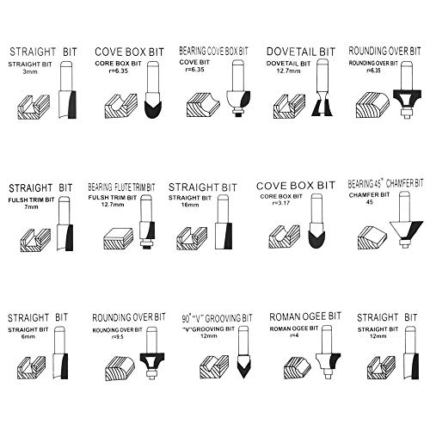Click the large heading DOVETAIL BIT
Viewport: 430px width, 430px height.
point(301,52)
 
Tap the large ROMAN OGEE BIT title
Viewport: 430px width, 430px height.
point(305,316)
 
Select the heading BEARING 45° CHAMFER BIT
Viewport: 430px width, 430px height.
point(385,183)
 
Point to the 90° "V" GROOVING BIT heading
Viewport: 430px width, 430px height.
point(217,318)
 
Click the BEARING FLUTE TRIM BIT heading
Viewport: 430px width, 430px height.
point(121,187)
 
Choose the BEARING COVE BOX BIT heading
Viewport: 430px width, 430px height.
point(213,51)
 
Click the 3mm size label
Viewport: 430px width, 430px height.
point(30,71)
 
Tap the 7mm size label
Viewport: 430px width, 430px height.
point(31,206)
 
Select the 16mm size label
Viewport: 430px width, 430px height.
point(190,205)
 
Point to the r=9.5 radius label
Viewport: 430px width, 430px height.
point(117,337)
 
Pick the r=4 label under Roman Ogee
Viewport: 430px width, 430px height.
point(294,335)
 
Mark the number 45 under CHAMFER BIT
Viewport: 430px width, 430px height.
point(370,202)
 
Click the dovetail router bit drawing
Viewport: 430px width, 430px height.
point(322,88)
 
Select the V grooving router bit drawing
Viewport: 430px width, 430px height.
point(243,352)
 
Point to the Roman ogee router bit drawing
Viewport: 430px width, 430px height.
point(328,352)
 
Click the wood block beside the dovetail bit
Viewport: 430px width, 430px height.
point(290,107)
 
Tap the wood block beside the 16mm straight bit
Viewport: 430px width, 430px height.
point(192,238)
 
